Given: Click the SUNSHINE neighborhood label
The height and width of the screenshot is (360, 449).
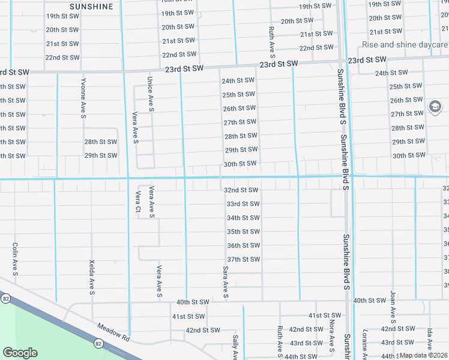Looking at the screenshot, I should [91, 7].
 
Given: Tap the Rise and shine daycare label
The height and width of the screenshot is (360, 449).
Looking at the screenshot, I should [405, 44].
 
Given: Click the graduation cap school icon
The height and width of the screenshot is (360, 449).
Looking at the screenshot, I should [434, 107].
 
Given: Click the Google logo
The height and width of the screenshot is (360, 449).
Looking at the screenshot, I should [20, 353].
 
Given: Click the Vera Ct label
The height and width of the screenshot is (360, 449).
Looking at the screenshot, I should [137, 201].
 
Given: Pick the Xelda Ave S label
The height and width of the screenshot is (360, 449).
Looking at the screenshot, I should [92, 277].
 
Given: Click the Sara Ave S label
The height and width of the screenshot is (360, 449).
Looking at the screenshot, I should [225, 282].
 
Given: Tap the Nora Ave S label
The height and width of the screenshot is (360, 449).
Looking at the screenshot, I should [331, 333].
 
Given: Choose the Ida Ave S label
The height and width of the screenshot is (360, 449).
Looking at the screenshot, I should [430, 340].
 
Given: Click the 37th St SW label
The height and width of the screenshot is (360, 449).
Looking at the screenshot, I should [243, 259].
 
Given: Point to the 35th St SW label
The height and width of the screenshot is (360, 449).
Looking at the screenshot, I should [243, 232].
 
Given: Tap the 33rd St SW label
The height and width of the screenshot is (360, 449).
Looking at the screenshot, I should [243, 204].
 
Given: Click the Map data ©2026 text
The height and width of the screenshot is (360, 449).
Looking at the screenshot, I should [423, 355].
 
